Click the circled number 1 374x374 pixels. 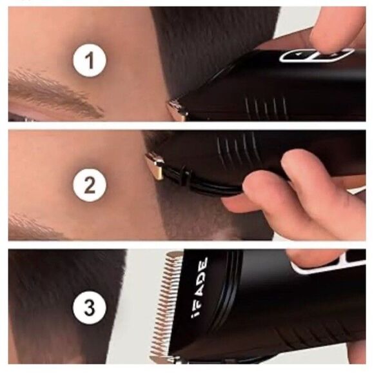90,62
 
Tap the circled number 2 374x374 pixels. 90,186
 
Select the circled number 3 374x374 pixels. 90,309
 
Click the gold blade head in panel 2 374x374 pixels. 153,166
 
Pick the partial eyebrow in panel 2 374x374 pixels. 32,226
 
